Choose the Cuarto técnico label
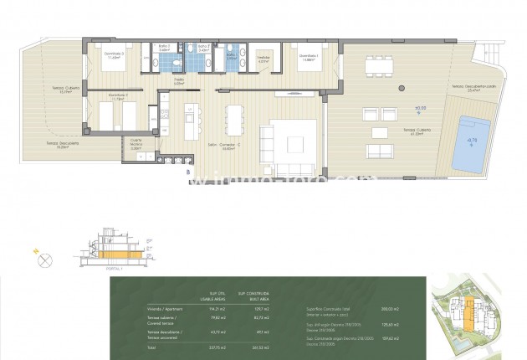[x=137, y=142]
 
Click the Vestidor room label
[x=263, y=59]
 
